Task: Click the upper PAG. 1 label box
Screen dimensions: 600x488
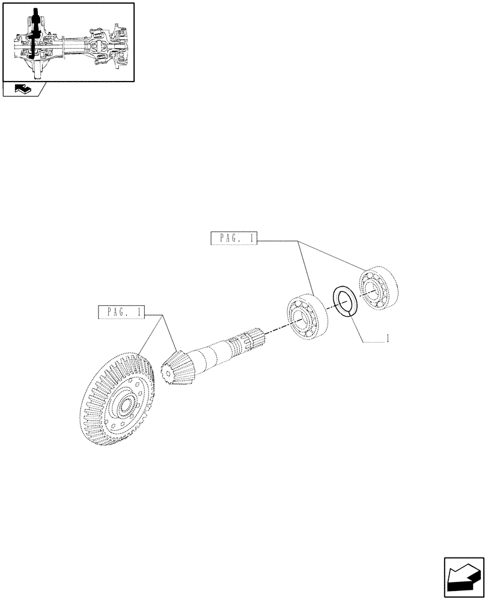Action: (x=234, y=239)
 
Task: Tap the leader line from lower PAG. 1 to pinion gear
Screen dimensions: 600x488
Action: (x=169, y=336)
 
